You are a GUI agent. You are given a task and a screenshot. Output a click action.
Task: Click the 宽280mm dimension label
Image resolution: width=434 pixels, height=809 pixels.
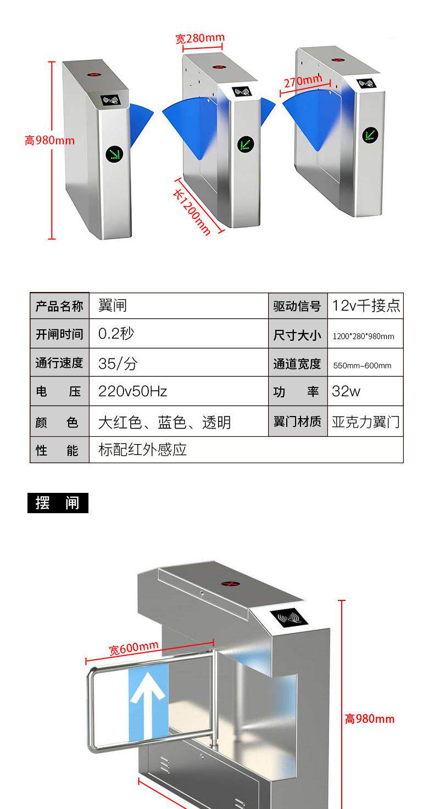click(x=200, y=38)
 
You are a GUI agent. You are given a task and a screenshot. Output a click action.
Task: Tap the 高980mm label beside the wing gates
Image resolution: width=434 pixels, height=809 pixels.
click(x=49, y=140)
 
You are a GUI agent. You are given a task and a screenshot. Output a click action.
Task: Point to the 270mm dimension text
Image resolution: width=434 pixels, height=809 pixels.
click(x=303, y=81)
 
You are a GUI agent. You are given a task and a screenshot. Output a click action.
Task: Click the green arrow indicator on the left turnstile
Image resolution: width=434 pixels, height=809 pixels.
click(x=115, y=153)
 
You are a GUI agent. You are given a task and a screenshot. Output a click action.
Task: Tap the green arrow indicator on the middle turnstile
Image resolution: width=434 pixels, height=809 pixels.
click(x=245, y=145)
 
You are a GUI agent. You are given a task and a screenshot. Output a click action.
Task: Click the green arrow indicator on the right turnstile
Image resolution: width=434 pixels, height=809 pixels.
click(x=370, y=134)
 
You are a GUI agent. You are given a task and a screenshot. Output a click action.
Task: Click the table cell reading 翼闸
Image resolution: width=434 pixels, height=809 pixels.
click(x=113, y=306)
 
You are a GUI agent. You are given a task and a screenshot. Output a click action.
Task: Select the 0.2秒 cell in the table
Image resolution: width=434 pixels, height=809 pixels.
click(x=116, y=334)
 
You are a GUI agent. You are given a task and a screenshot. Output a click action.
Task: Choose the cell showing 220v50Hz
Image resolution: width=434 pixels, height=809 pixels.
click(x=132, y=391)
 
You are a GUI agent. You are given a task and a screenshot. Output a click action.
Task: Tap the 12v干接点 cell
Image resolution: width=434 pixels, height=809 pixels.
click(x=366, y=306)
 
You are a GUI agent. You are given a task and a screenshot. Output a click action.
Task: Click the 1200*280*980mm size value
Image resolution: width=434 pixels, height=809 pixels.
click(x=363, y=336)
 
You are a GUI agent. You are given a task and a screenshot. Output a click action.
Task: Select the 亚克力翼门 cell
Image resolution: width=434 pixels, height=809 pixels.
click(x=366, y=422)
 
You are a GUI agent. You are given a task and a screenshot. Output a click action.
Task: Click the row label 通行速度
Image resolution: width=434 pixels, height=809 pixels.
click(x=59, y=363)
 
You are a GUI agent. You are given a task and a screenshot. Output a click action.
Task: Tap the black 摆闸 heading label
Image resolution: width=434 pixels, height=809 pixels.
click(x=58, y=503)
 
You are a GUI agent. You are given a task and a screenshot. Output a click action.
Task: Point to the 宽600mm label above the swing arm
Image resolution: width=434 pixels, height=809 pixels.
click(x=133, y=648)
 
